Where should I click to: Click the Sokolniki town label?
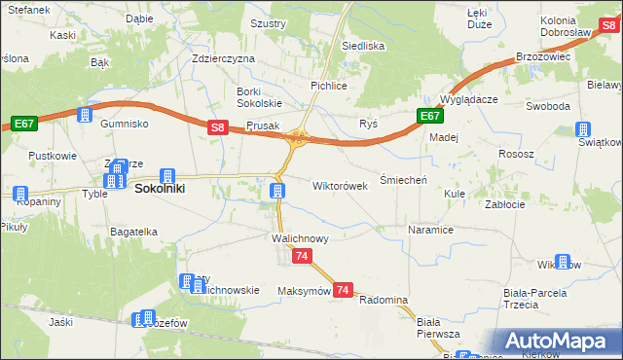[x=160, y=190]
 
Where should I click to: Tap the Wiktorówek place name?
[x=340, y=185]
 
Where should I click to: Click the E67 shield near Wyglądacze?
[x=431, y=116]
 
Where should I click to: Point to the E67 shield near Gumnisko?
[x=24, y=124]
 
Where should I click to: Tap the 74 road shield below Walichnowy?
[x=302, y=256]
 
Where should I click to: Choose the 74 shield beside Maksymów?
[x=342, y=290]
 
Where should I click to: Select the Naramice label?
[x=431, y=231]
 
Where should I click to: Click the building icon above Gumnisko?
[x=85, y=115]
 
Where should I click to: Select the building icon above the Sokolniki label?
[x=167, y=176]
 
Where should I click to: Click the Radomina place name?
[x=383, y=300]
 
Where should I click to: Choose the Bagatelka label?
[x=134, y=232]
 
